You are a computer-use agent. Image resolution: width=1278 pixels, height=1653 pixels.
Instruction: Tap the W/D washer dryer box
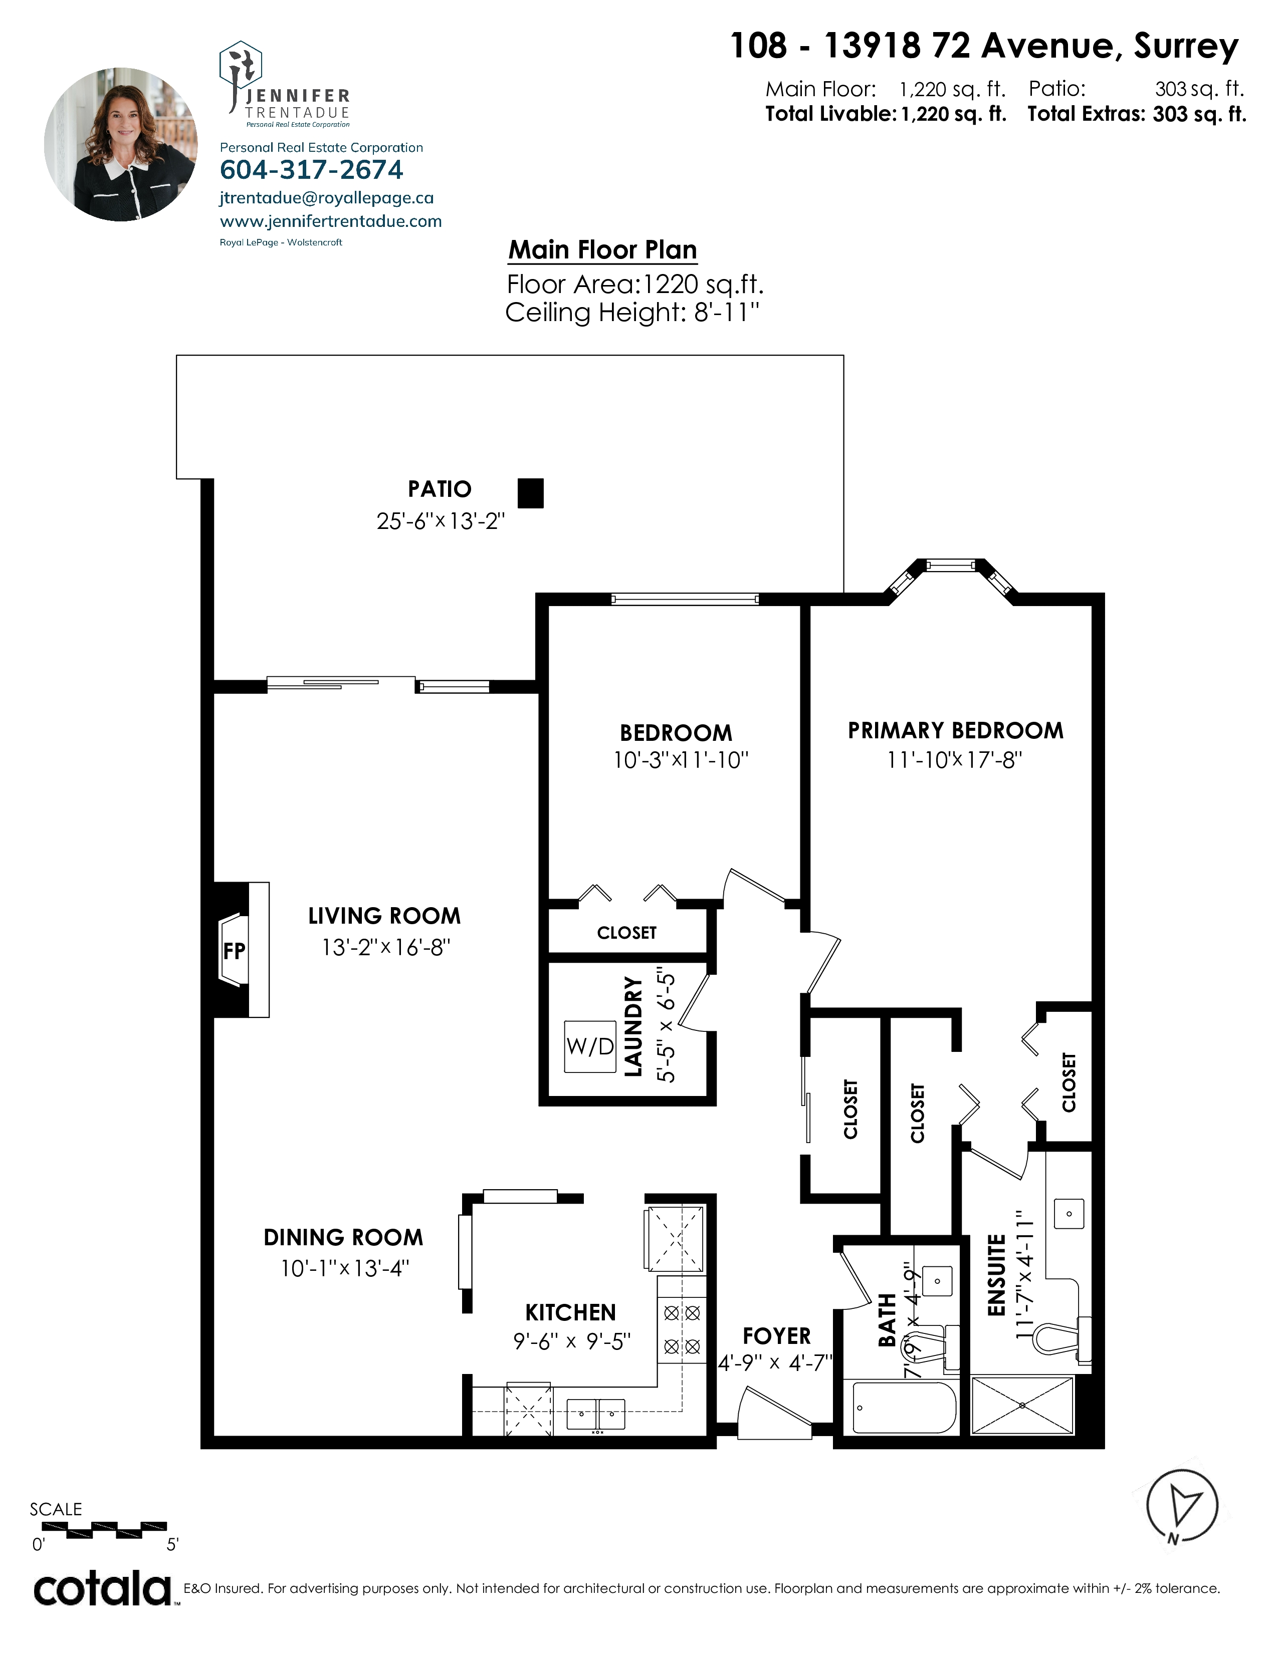tap(590, 1047)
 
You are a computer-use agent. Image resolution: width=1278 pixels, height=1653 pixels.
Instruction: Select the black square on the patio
tap(531, 493)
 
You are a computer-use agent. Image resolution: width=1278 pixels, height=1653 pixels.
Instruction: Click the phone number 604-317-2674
tap(311, 169)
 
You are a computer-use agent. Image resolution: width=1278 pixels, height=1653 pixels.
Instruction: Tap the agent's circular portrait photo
tap(121, 145)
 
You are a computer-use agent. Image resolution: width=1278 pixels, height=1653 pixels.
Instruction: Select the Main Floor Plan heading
tap(602, 250)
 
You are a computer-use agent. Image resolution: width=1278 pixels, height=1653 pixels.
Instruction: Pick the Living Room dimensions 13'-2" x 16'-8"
tap(386, 947)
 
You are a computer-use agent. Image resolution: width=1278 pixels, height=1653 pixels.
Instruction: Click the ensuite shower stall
tap(1022, 1406)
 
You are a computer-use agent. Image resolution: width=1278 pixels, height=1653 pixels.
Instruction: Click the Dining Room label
tap(343, 1237)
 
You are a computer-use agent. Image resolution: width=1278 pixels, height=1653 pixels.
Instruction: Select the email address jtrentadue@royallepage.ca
tap(326, 198)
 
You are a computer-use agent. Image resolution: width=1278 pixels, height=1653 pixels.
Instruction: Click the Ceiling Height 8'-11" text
tap(632, 312)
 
